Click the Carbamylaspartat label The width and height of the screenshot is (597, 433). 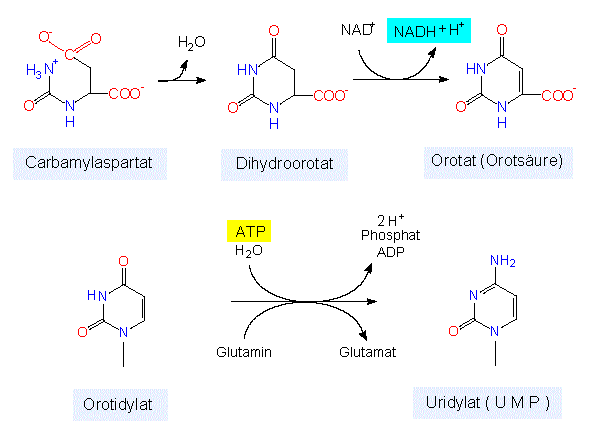point(90,163)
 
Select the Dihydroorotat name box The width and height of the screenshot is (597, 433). point(284,164)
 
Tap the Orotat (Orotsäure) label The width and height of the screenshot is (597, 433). point(498,162)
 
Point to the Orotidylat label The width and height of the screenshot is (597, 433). point(120,405)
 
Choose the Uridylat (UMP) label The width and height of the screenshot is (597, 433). point(487,403)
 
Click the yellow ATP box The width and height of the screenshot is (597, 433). point(249,231)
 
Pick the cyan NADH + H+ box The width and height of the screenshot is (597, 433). point(429,30)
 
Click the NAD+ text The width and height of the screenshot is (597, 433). point(358,29)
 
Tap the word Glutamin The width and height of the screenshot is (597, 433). point(244,352)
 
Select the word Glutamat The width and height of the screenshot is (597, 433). point(367,352)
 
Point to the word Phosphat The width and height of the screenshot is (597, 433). point(390,235)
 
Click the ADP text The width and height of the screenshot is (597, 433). point(390,252)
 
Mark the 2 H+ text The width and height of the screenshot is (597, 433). point(391,220)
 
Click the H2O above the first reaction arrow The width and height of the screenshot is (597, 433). point(192,43)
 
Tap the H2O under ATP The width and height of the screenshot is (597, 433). point(249,251)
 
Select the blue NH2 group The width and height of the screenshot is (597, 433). point(503,261)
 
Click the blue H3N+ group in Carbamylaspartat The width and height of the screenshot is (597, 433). point(42,69)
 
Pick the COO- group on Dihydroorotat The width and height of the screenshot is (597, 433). point(330,95)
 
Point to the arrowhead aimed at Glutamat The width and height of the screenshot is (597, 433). point(364,335)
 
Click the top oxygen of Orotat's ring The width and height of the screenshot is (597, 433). point(502,30)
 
